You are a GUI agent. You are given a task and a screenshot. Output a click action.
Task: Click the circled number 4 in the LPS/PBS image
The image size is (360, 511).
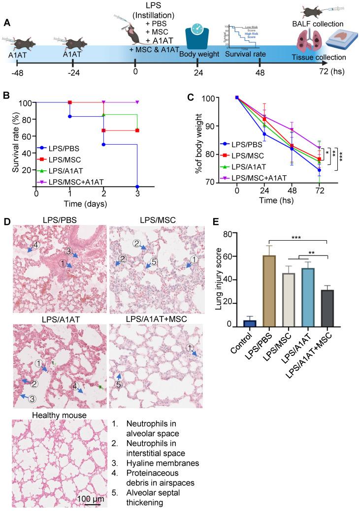[35, 244]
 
